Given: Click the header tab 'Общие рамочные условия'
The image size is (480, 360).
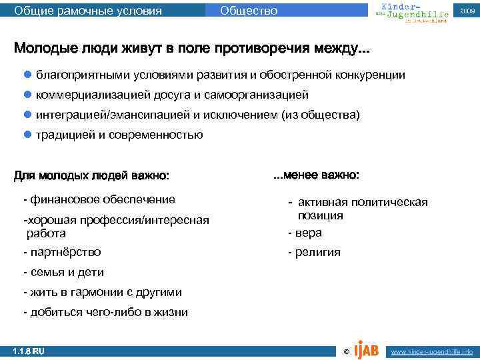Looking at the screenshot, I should click(87, 11).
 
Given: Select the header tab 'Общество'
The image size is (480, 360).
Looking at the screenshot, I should click(248, 11).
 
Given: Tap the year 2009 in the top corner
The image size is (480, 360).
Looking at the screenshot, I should click(466, 11).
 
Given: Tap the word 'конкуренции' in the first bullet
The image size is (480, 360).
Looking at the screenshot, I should click(373, 75).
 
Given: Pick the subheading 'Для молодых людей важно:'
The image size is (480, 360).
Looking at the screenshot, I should click(91, 176).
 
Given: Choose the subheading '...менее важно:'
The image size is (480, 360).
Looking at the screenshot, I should click(316, 175).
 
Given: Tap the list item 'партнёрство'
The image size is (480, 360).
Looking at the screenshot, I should click(63, 252).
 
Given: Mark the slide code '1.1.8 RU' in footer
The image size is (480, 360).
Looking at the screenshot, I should click(29, 351).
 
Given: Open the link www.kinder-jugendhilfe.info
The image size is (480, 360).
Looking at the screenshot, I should click(431, 351).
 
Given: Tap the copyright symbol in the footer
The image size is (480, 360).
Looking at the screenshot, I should click(345, 351).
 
